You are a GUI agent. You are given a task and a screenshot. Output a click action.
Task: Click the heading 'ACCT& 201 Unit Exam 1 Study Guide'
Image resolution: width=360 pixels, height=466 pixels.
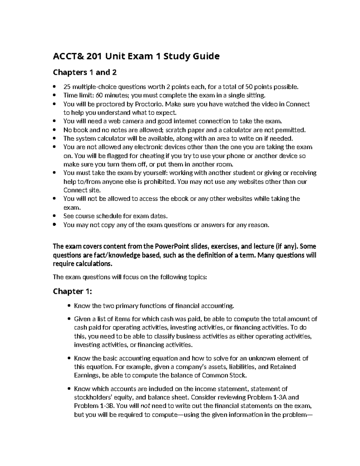pyautogui.click(x=136, y=56)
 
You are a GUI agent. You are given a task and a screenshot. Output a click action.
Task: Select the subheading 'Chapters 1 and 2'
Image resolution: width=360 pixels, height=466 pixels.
pyautogui.click(x=85, y=73)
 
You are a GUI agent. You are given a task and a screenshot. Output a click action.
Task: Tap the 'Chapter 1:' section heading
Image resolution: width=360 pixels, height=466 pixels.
pyautogui.click(x=72, y=291)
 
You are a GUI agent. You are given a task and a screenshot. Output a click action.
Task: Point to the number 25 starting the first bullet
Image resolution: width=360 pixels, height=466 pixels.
pyautogui.click(x=67, y=87)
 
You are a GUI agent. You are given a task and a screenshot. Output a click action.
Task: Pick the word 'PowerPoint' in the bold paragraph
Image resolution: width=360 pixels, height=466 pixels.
pyautogui.click(x=172, y=247)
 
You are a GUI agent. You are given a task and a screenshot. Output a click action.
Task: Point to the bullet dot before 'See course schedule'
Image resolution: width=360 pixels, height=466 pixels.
pyautogui.click(x=54, y=216)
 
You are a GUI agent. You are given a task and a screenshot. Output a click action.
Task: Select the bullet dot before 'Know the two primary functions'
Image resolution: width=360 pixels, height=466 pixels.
pyautogui.click(x=69, y=306)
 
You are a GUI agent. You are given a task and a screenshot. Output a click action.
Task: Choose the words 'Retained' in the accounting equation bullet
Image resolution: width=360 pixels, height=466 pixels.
pyautogui.click(x=283, y=367)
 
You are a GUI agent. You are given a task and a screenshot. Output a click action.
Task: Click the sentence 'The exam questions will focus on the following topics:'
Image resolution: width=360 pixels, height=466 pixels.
pyautogui.click(x=130, y=277)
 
